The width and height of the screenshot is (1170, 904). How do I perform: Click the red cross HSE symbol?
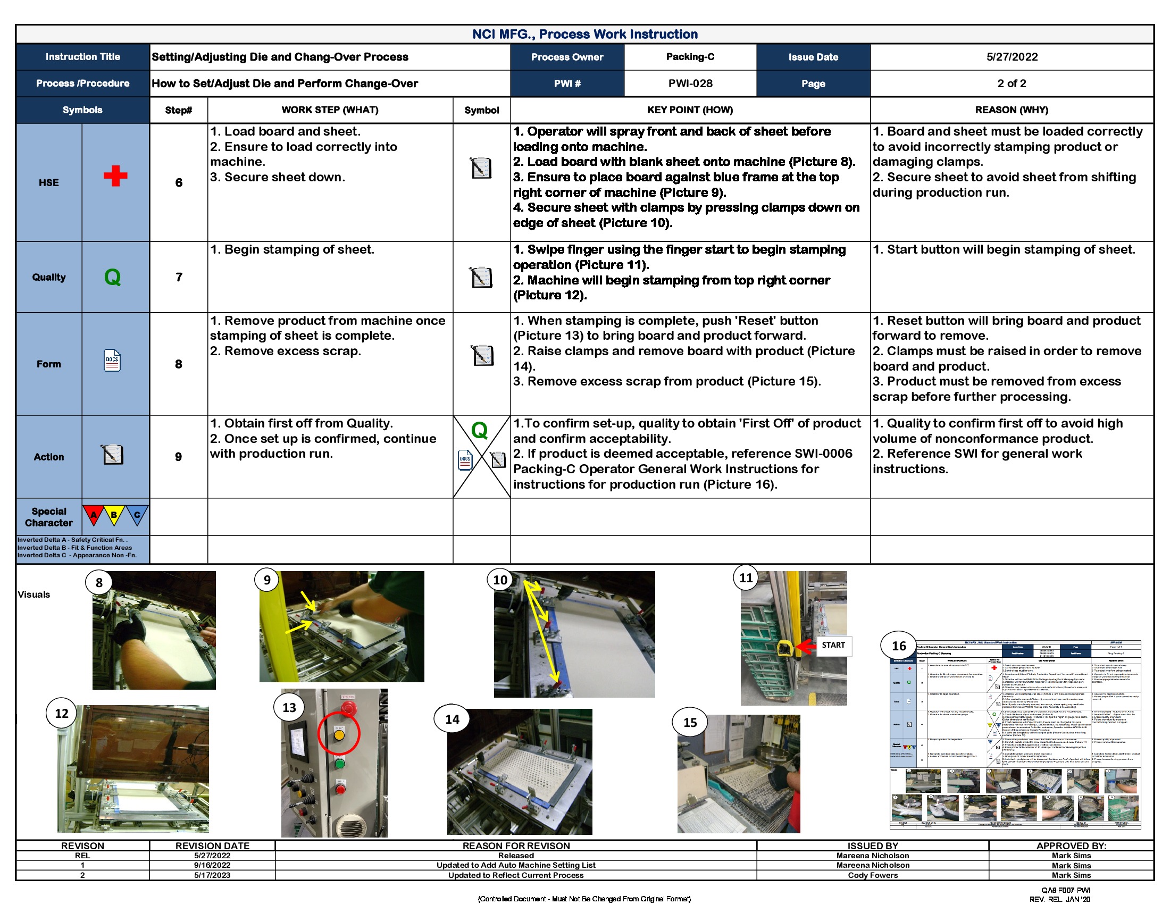(115, 175)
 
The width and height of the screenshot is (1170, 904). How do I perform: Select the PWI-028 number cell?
(690, 83)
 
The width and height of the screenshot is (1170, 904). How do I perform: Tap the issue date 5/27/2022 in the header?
(1012, 57)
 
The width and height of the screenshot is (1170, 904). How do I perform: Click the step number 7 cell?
(178, 277)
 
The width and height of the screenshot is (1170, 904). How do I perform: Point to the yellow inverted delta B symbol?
(114, 515)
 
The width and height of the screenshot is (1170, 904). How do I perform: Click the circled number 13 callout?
(289, 707)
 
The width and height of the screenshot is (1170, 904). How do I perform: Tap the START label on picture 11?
(833, 646)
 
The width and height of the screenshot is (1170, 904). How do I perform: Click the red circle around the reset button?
(339, 734)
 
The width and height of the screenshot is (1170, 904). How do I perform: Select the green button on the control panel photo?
(340, 763)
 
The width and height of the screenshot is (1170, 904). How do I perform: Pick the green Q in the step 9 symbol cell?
(479, 430)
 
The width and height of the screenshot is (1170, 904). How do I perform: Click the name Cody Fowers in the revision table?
(872, 875)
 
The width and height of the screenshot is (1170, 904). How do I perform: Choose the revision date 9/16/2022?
(212, 865)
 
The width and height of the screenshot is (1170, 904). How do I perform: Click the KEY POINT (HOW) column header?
(689, 110)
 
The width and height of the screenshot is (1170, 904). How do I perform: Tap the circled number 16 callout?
(898, 646)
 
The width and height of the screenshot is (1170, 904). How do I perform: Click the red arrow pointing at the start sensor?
(806, 647)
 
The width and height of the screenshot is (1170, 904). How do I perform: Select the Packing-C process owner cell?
(690, 57)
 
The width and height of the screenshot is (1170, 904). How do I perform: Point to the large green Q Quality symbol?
(113, 278)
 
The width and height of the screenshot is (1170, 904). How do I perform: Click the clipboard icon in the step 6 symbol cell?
(481, 168)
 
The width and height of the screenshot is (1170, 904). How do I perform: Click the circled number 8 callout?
(98, 583)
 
